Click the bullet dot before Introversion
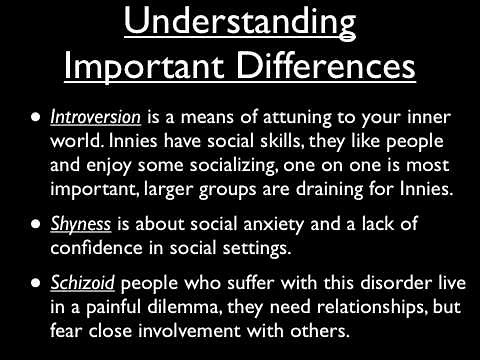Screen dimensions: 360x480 (x=36, y=116)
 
